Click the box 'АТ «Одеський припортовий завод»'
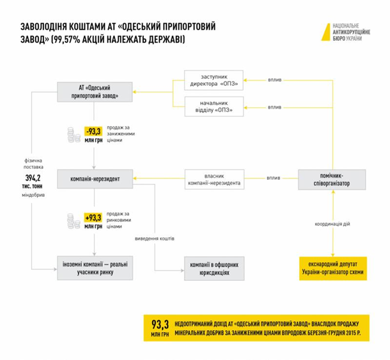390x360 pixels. coord(95,91)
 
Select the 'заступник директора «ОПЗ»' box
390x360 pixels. coord(210,79)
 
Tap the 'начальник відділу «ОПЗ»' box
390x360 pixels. coord(210,106)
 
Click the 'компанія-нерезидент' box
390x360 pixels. coord(95,178)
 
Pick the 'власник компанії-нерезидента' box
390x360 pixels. coord(214,178)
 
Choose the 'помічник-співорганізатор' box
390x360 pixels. coord(331,179)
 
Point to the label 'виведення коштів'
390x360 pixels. coord(155,239)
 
